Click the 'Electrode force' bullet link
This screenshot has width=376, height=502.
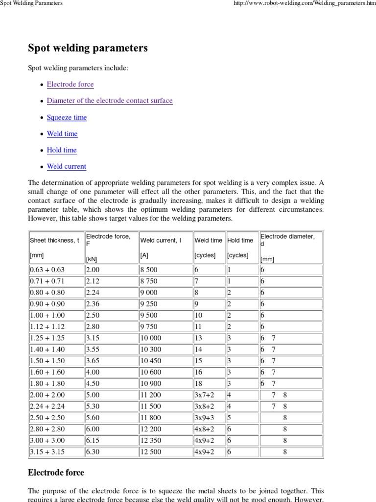coord(70,84)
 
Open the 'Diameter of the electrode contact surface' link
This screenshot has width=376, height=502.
coord(110,100)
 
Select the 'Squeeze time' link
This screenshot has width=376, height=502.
coord(67,117)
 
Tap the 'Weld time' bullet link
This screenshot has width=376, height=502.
coord(62,134)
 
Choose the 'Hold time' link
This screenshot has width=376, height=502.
coord(62,150)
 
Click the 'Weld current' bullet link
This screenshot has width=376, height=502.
coord(67,167)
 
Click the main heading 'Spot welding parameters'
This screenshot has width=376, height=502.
coord(88,49)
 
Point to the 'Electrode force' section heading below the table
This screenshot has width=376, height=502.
coord(56,473)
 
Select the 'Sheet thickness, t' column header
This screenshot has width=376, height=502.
coord(54,240)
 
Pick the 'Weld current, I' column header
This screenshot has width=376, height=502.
coord(161,240)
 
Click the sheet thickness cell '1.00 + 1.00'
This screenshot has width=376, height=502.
coord(47,315)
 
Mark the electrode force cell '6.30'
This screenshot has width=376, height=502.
coord(93,452)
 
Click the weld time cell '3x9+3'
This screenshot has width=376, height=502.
coord(205,418)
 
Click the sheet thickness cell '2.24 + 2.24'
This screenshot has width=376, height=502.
coord(47,406)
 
